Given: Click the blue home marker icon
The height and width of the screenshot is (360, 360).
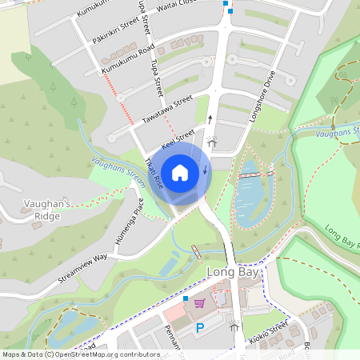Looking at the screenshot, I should [x=180, y=172].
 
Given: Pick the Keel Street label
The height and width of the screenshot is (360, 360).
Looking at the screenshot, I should [x=178, y=139].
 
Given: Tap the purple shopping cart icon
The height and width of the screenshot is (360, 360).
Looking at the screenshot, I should [x=199, y=303].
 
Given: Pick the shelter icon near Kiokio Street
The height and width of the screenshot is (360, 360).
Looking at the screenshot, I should [x=234, y=326].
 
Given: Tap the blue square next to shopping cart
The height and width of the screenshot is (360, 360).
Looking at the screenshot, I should [x=186, y=298].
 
